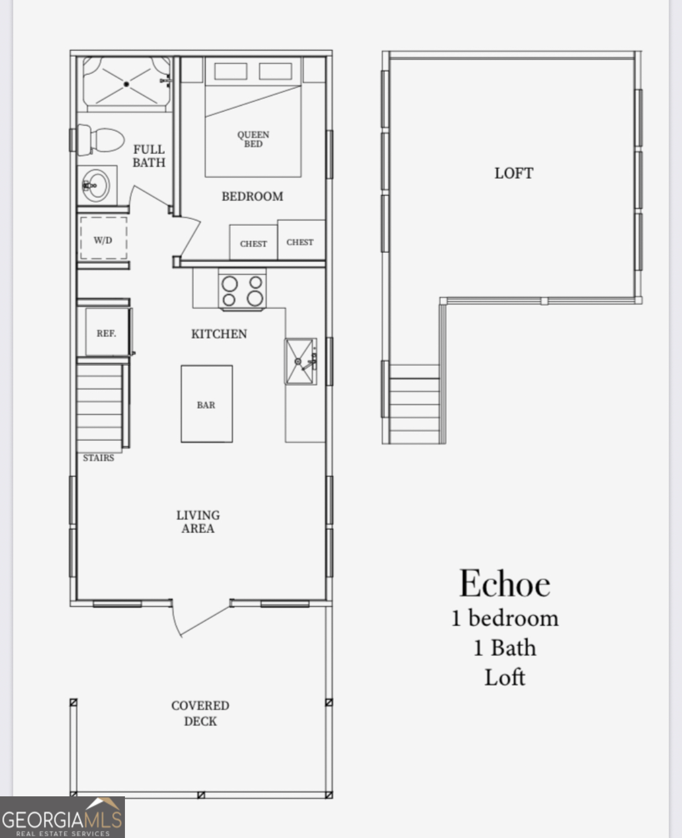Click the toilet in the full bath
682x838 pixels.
click(102, 139)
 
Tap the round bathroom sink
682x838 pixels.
click(95, 186)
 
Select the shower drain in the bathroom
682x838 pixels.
click(126, 84)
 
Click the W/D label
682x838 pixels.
click(103, 240)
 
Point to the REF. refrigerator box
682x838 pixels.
click(106, 333)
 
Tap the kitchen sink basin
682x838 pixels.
click(300, 362)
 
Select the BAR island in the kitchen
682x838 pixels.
click(207, 404)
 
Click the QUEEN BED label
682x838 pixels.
click(253, 139)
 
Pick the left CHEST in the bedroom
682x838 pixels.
click(253, 243)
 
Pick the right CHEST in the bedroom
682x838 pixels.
click(300, 241)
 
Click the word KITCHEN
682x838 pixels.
click(219, 334)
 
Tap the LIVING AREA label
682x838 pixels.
click(198, 521)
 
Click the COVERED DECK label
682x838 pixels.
click(200, 713)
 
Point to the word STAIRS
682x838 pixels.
click(98, 458)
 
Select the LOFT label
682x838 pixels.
click(513, 173)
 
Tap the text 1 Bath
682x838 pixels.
click(504, 648)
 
